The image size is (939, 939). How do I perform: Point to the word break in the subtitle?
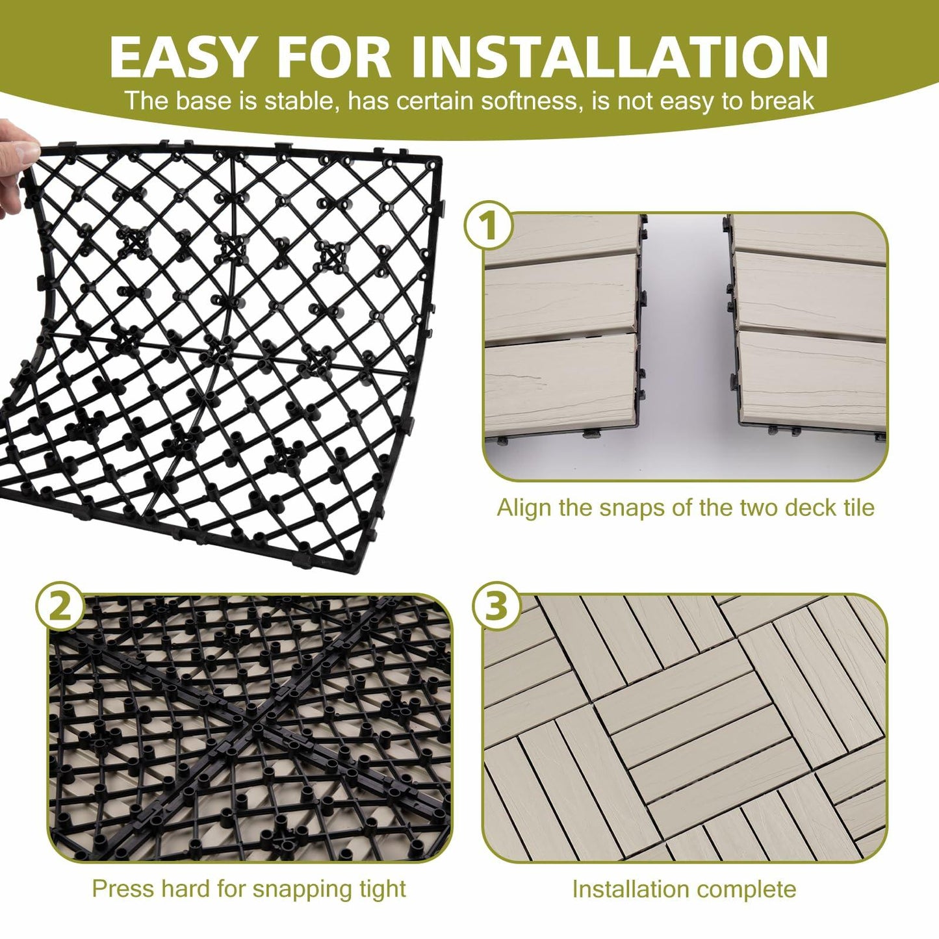click(x=782, y=101)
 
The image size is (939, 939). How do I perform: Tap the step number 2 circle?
click(x=60, y=607)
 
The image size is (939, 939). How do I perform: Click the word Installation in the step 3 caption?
click(x=631, y=889)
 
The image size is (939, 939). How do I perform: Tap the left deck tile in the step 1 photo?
click(x=562, y=338)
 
